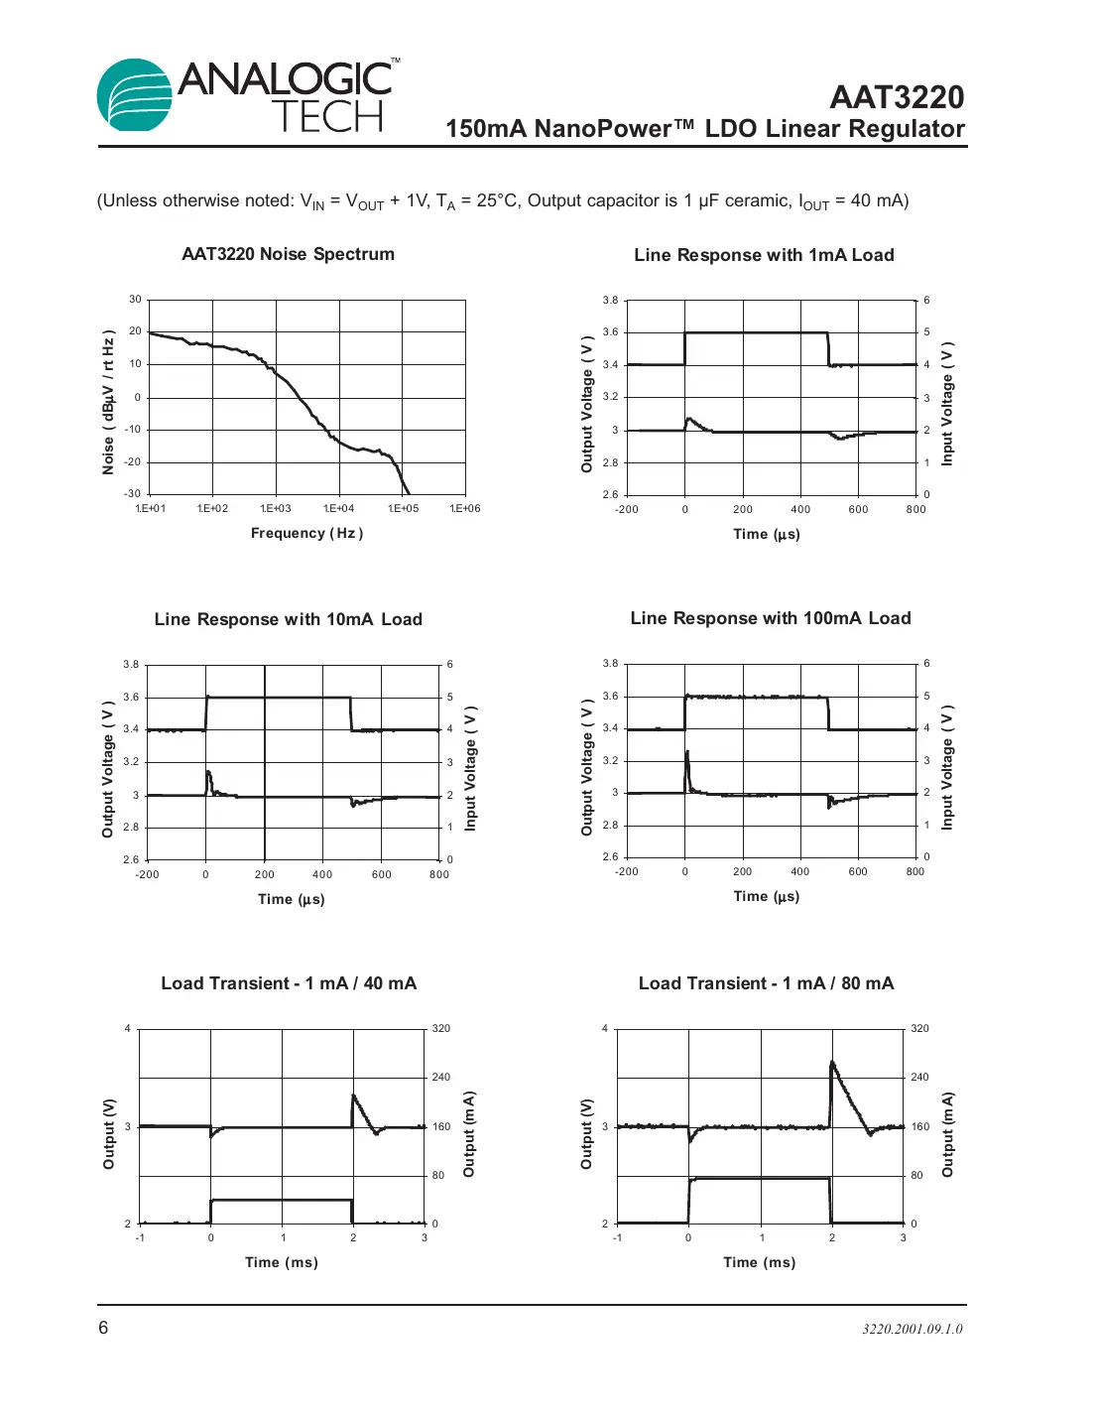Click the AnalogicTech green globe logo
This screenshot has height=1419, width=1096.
pyautogui.click(x=135, y=95)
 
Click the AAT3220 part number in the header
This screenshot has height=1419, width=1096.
pyautogui.click(x=896, y=97)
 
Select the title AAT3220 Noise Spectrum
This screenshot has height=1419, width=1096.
pyautogui.click(x=288, y=254)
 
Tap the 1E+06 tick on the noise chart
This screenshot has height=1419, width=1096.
pyautogui.click(x=464, y=509)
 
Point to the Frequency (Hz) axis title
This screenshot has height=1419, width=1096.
pyautogui.click(x=306, y=533)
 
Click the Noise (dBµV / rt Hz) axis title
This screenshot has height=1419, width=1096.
pyautogui.click(x=108, y=402)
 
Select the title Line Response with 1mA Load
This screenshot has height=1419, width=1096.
pyautogui.click(x=764, y=255)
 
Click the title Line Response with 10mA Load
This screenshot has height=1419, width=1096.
pyautogui.click(x=288, y=619)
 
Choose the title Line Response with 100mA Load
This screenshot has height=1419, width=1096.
pyautogui.click(x=770, y=618)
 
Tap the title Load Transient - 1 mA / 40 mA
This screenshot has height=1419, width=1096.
pyautogui.click(x=289, y=983)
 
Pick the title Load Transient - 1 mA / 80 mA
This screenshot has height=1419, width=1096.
pyautogui.click(x=766, y=983)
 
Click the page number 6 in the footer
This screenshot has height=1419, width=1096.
pyautogui.click(x=103, y=1328)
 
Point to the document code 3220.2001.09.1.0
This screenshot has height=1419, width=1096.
pyautogui.click(x=912, y=1329)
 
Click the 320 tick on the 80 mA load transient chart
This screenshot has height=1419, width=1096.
pyautogui.click(x=919, y=1029)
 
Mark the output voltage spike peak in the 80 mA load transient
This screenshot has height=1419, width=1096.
pyautogui.click(x=832, y=1063)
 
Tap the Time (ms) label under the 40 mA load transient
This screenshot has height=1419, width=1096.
pyautogui.click(x=282, y=1262)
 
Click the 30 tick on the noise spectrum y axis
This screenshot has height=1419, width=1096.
pyautogui.click(x=135, y=300)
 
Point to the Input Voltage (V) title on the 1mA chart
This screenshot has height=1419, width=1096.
pyautogui.click(x=947, y=406)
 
